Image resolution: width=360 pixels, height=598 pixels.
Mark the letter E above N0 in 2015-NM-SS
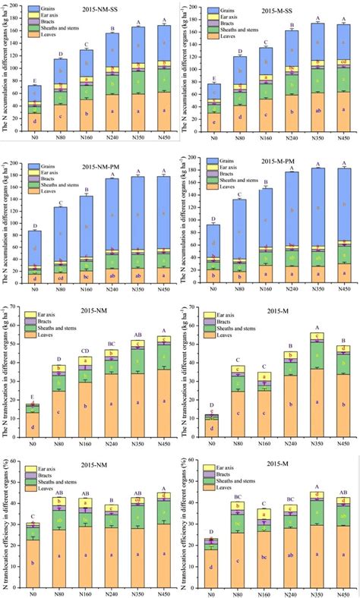pyautogui.click(x=36, y=80)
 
